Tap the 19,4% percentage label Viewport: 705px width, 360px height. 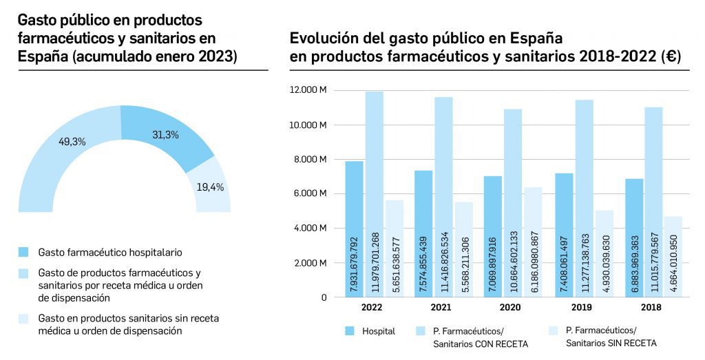(x=210, y=187)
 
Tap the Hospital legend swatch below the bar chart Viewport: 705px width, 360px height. (x=349, y=331)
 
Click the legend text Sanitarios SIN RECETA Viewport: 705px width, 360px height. (x=611, y=343)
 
